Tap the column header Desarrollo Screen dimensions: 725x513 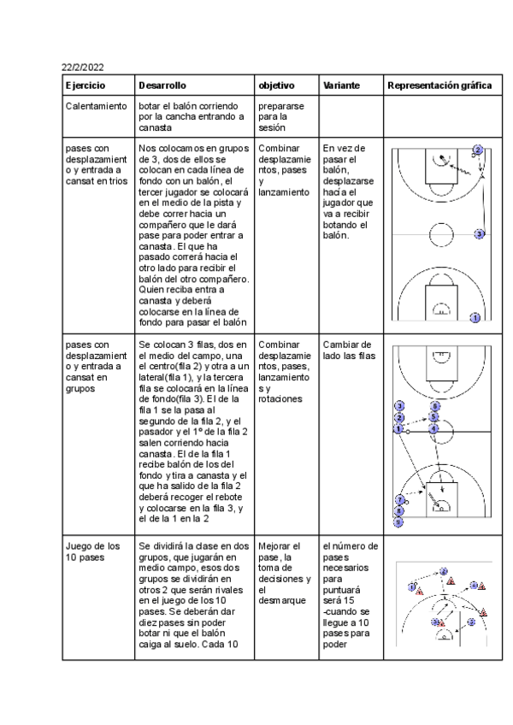coord(162,86)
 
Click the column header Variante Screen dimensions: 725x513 coord(341,86)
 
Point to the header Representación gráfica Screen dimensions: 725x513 coord(439,86)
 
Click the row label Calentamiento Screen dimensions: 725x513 coord(97,105)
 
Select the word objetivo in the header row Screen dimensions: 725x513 coord(276,86)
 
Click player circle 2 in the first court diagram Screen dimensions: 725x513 coord(477,150)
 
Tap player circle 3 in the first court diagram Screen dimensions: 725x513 coord(480,233)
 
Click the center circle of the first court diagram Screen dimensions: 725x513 coord(441,233)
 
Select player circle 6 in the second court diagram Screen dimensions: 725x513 coord(434,407)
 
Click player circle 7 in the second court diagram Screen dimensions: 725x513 coord(398,499)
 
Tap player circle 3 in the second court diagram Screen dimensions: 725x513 coord(398,406)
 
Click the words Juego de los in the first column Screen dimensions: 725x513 coord(90,546)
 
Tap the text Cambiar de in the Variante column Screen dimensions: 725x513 coord(347,345)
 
